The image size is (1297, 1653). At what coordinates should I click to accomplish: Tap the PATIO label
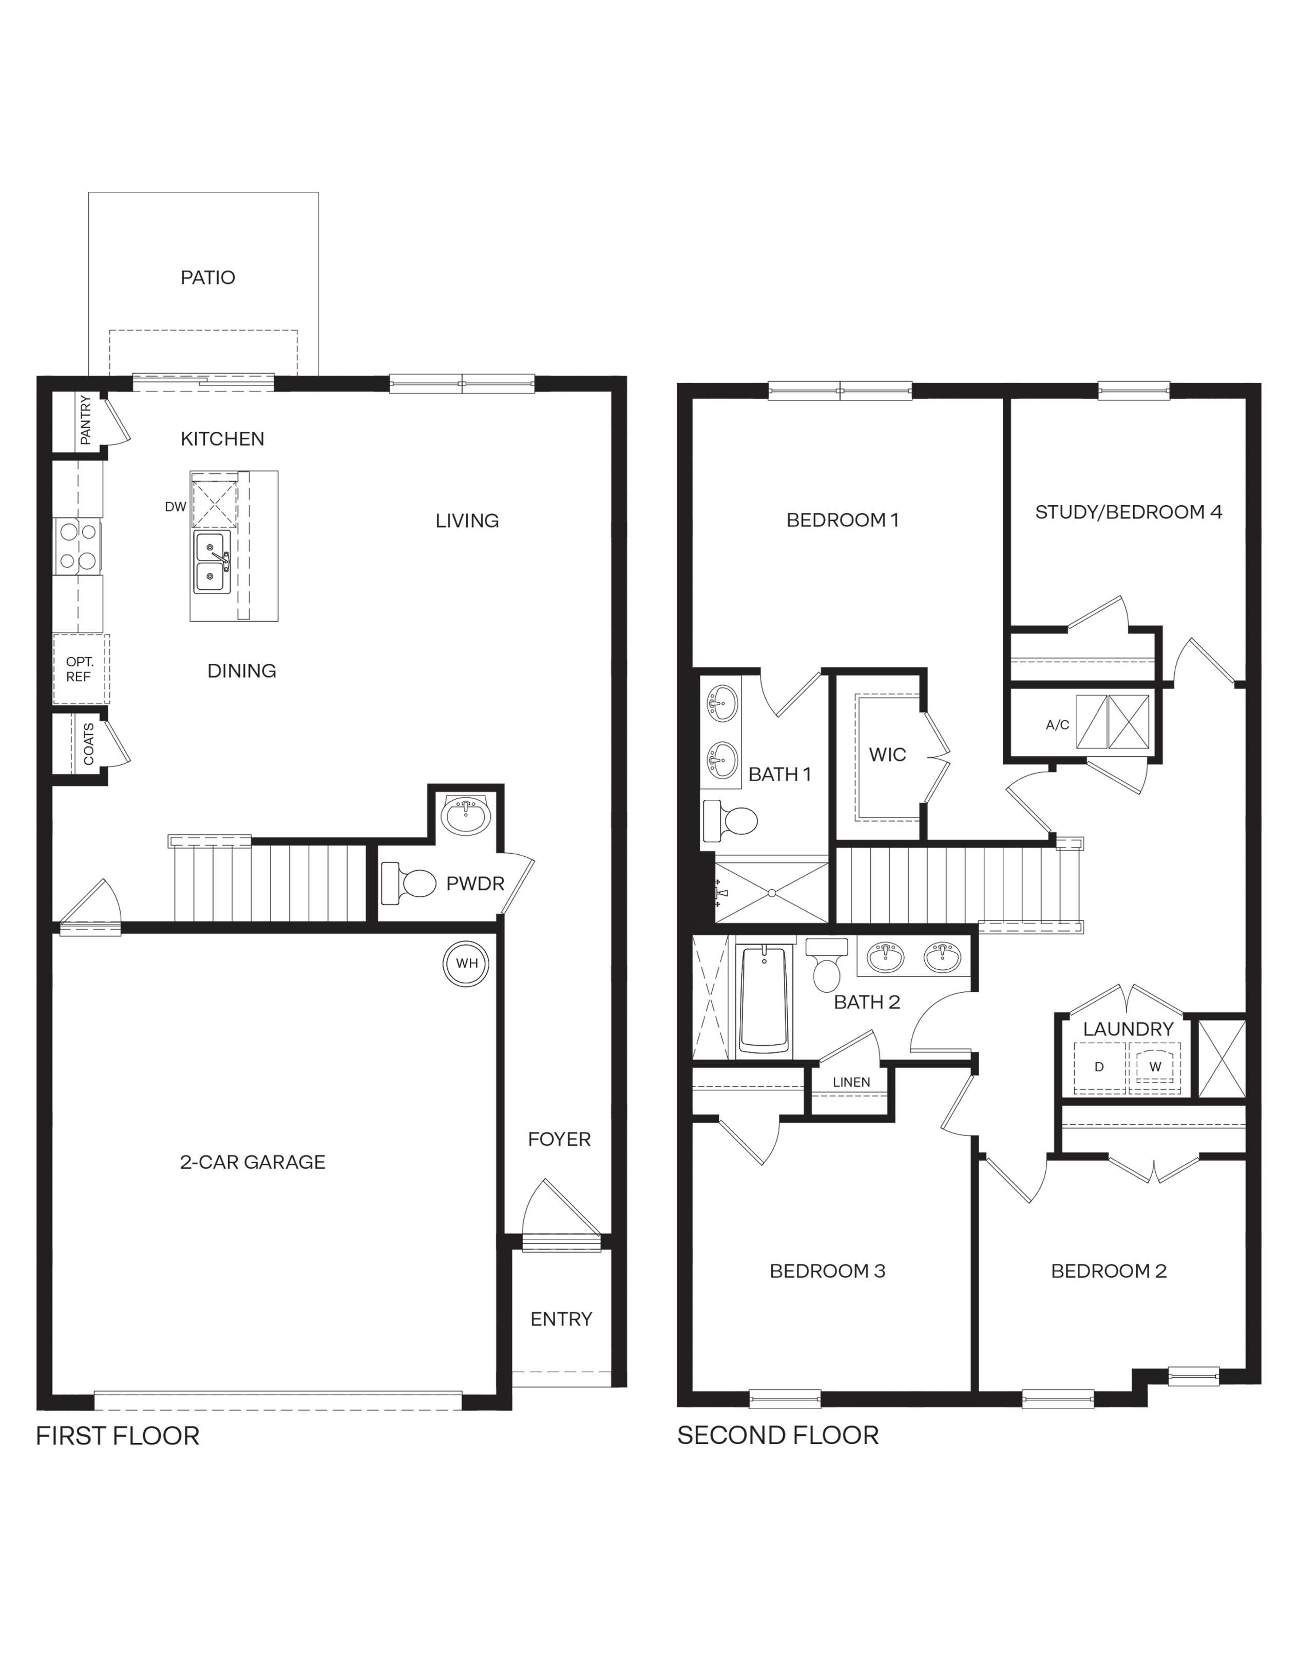[x=207, y=278]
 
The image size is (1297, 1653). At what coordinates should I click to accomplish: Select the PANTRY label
[x=85, y=420]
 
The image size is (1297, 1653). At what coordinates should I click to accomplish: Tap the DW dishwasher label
[x=176, y=507]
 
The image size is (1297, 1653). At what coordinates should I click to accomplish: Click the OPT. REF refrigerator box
[x=80, y=670]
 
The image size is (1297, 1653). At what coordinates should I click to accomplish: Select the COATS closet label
[x=89, y=744]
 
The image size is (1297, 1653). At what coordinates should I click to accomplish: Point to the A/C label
[x=1057, y=725]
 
